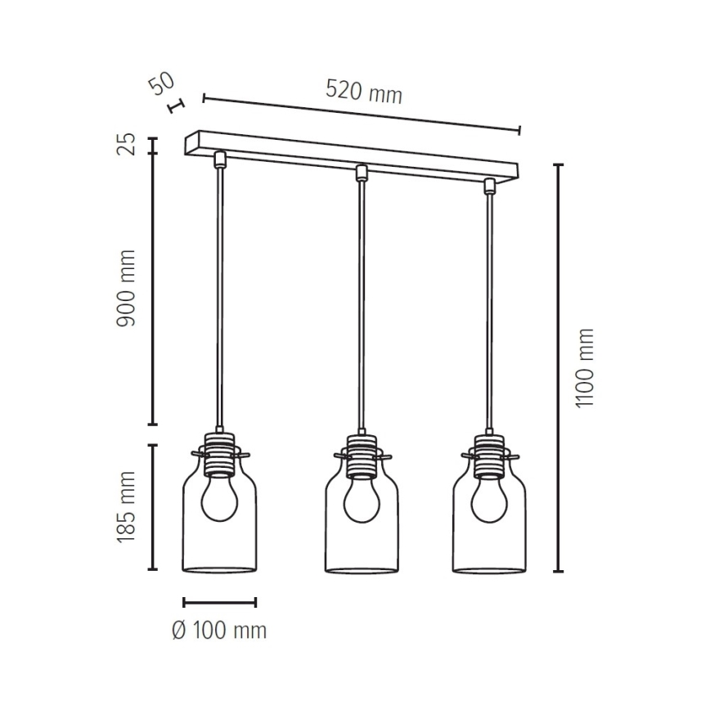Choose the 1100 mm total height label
pyautogui.click(x=584, y=368)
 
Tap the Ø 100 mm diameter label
pyautogui.click(x=219, y=631)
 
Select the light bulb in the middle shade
pyautogui.click(x=360, y=501)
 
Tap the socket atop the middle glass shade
pyautogui.click(x=360, y=455)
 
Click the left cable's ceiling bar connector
pyautogui.click(x=218, y=159)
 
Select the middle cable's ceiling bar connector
pyautogui.click(x=360, y=172)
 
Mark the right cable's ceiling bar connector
pyautogui.click(x=489, y=185)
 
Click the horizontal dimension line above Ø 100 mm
pyautogui.click(x=219, y=603)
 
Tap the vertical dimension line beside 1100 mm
pyautogui.click(x=559, y=368)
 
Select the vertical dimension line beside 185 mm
pyautogui.click(x=152, y=507)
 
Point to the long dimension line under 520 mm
pyautogui.click(x=362, y=114)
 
